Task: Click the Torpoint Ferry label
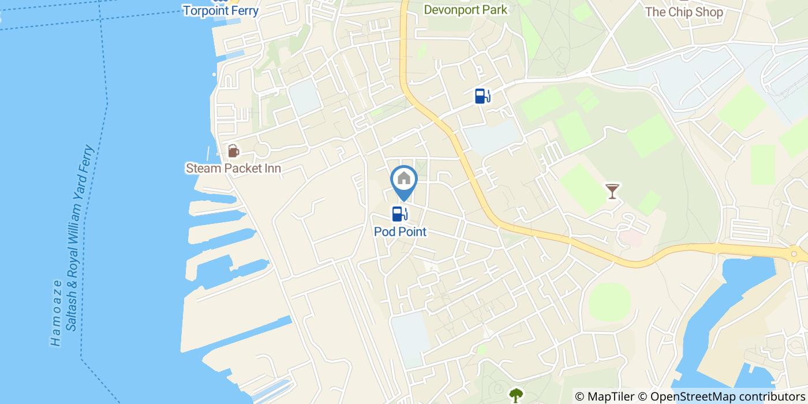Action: click(x=220, y=10)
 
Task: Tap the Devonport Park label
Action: click(x=466, y=10)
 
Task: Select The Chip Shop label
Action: click(x=684, y=12)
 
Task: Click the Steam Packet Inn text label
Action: click(x=233, y=169)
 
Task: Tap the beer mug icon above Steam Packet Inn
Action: click(x=233, y=151)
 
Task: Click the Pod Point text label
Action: click(x=400, y=232)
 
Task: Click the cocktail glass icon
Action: click(x=612, y=190)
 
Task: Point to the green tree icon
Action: click(x=515, y=395)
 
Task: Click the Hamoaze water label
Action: click(x=56, y=313)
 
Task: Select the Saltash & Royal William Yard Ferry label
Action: click(x=80, y=238)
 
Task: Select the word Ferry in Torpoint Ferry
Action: click(x=242, y=10)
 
